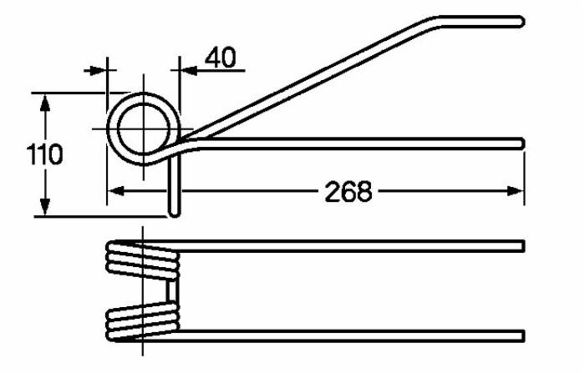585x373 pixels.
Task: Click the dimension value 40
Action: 220,58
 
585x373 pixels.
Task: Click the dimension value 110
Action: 44,155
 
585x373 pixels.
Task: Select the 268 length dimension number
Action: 348,191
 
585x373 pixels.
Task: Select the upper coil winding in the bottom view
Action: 142,256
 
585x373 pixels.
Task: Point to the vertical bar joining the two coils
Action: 174,290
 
